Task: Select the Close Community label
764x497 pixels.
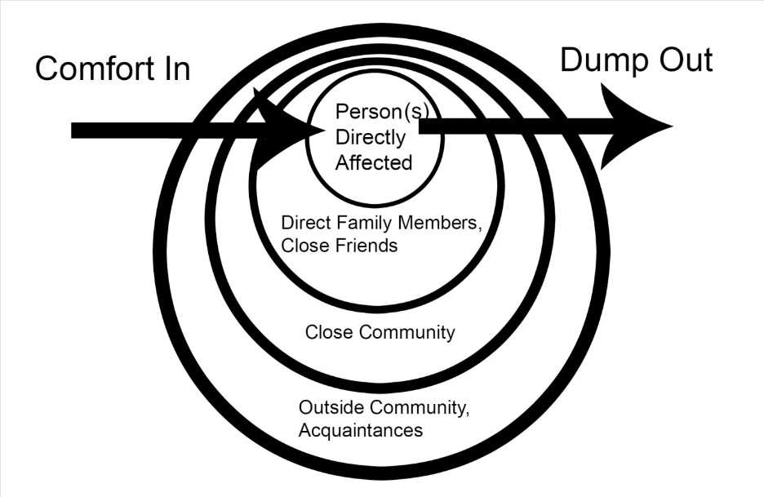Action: click(x=380, y=332)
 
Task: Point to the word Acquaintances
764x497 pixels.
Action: click(x=361, y=429)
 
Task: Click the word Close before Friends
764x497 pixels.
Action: click(x=300, y=245)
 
